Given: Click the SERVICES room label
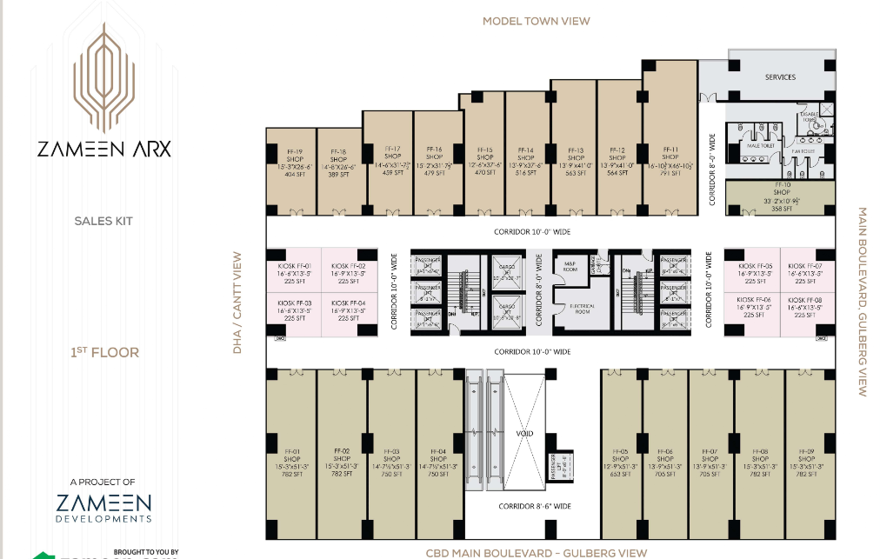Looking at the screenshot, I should coord(780,77).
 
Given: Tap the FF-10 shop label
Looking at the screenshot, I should coord(782,184).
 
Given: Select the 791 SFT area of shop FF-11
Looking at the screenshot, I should coord(670,172).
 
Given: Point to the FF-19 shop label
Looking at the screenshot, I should coord(291,151).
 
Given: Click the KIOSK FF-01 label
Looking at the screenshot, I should coord(292,266).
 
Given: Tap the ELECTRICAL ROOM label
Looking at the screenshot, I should coord(582,309).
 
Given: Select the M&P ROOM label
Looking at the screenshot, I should coord(571,264).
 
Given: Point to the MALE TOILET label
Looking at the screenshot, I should coord(761,146).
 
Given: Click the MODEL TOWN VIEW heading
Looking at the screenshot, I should coord(536,21).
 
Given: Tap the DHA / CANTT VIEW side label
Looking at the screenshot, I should coord(237,303).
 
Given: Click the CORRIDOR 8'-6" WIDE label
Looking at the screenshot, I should coord(534,506).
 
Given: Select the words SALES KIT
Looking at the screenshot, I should coord(103,222).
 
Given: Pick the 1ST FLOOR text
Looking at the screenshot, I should coord(104,353).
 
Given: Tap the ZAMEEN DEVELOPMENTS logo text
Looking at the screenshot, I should coord(103,508).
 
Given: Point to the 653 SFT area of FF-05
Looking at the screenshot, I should coord(619,474).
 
